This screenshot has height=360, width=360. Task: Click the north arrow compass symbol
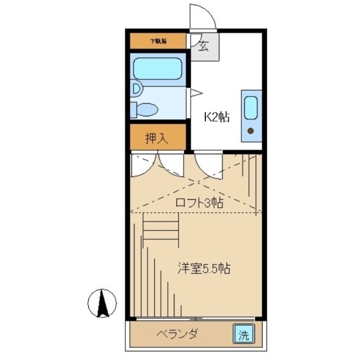(x=102, y=304)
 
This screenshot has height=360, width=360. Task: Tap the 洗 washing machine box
(x=243, y=335)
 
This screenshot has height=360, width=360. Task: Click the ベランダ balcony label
(x=177, y=335)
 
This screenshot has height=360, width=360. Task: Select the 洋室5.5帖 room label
(x=203, y=268)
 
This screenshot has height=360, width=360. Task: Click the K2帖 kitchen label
(x=215, y=118)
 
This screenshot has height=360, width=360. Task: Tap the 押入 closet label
(x=157, y=138)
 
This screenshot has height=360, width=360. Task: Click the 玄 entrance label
(x=203, y=47)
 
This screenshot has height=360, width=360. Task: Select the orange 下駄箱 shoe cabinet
(x=157, y=41)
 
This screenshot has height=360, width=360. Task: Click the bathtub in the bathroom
(x=157, y=70)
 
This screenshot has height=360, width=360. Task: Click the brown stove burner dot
(x=251, y=132)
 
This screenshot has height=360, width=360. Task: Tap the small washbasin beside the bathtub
(x=136, y=88)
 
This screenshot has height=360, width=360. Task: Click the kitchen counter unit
(x=251, y=116)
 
